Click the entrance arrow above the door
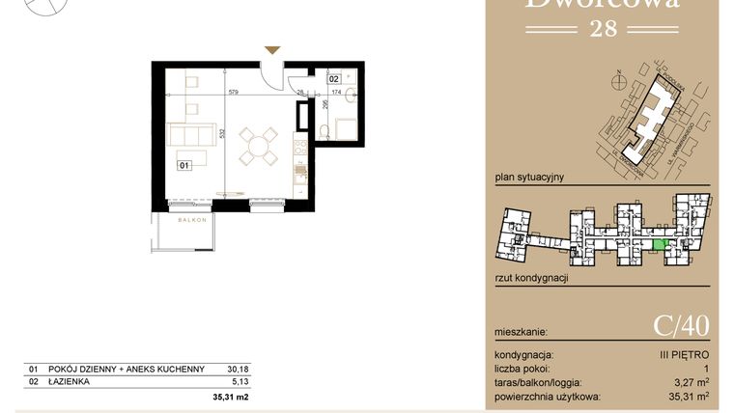tap(273, 49)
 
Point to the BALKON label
tap(193, 221)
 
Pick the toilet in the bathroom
tap(328, 129)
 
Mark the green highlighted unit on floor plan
tap(659, 245)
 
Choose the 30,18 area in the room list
tap(237, 369)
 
